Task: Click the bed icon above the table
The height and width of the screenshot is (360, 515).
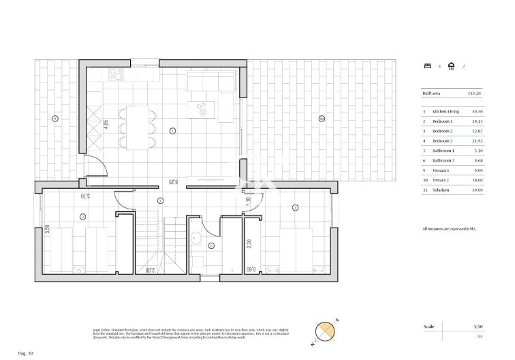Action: point(426,66)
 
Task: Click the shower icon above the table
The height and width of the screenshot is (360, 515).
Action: point(451,66)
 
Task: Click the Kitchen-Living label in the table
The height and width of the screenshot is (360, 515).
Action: point(446,111)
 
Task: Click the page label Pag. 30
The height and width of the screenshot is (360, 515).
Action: point(25,352)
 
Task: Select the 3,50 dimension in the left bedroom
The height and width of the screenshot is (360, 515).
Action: point(47,230)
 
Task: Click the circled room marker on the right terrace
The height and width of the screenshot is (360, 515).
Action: point(320,119)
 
